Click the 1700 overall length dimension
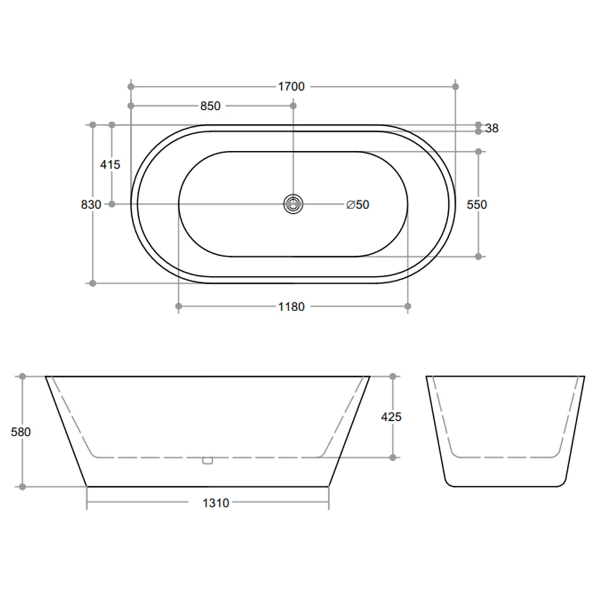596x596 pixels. [x=291, y=87]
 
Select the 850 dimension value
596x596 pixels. [x=210, y=106]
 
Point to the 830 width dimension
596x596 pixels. [x=91, y=204]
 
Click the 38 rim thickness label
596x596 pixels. [x=492, y=128]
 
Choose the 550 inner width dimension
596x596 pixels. [x=477, y=204]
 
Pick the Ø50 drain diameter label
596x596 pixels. [x=358, y=204]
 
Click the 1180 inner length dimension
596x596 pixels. [x=291, y=307]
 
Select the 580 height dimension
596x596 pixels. [x=21, y=432]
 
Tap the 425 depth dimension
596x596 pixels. [x=391, y=417]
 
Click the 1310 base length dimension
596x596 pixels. [x=215, y=503]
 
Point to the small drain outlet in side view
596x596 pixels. [x=207, y=460]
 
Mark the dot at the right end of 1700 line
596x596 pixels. [x=456, y=87]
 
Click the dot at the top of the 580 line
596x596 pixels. [x=23, y=377]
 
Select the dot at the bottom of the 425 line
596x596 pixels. [x=392, y=458]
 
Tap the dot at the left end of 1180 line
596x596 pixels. [x=179, y=306]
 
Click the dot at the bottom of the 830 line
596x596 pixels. [x=92, y=283]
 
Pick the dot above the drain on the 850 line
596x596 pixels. [x=293, y=106]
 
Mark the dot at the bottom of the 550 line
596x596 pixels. [x=479, y=256]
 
